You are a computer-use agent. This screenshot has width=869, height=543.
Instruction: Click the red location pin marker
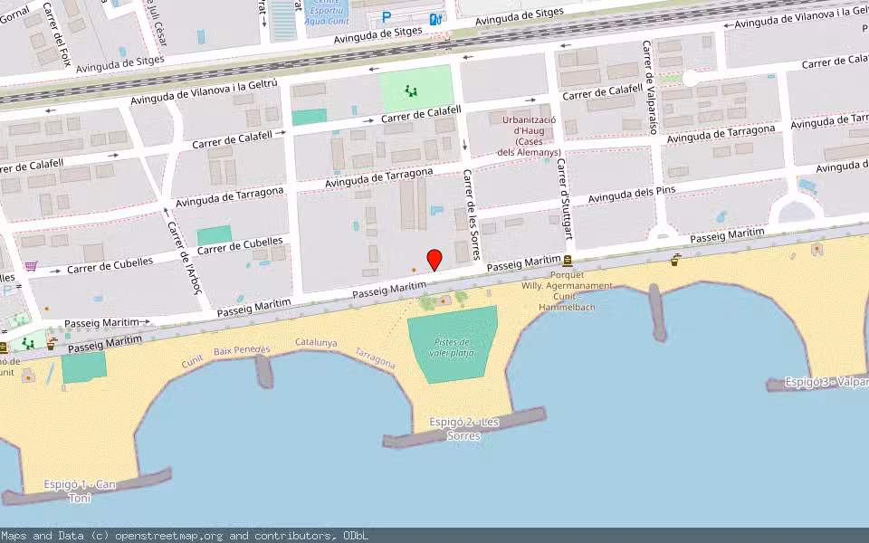point(434,259)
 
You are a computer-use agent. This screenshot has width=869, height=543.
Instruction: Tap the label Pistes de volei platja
point(452,348)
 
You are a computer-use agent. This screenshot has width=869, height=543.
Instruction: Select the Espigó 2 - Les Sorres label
point(464,428)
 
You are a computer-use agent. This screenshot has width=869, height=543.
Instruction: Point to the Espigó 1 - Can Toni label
point(81,491)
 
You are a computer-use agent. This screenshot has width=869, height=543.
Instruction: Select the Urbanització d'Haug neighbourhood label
point(530,136)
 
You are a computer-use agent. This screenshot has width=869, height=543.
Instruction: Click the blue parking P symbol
point(387,17)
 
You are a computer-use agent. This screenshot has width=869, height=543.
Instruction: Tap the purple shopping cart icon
point(32,266)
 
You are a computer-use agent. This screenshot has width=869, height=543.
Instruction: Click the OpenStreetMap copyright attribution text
point(185,536)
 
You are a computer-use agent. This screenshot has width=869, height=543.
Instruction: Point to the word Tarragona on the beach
point(375,358)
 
